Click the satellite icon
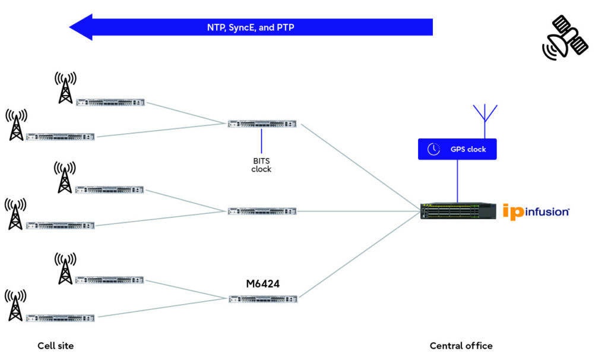565,37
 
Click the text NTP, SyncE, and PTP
250,27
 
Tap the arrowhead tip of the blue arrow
71,27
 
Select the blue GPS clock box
457,149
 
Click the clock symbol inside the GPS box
433,149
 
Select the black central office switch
458,211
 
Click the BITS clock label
261,165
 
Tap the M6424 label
262,284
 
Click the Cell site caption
56,346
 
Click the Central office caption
461,346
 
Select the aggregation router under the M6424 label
262,299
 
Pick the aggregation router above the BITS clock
262,124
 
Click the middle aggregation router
262,211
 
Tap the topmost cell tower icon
65,87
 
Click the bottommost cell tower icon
15,305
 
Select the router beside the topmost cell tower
110,102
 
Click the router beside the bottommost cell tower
60,318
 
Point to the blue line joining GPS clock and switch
457,181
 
